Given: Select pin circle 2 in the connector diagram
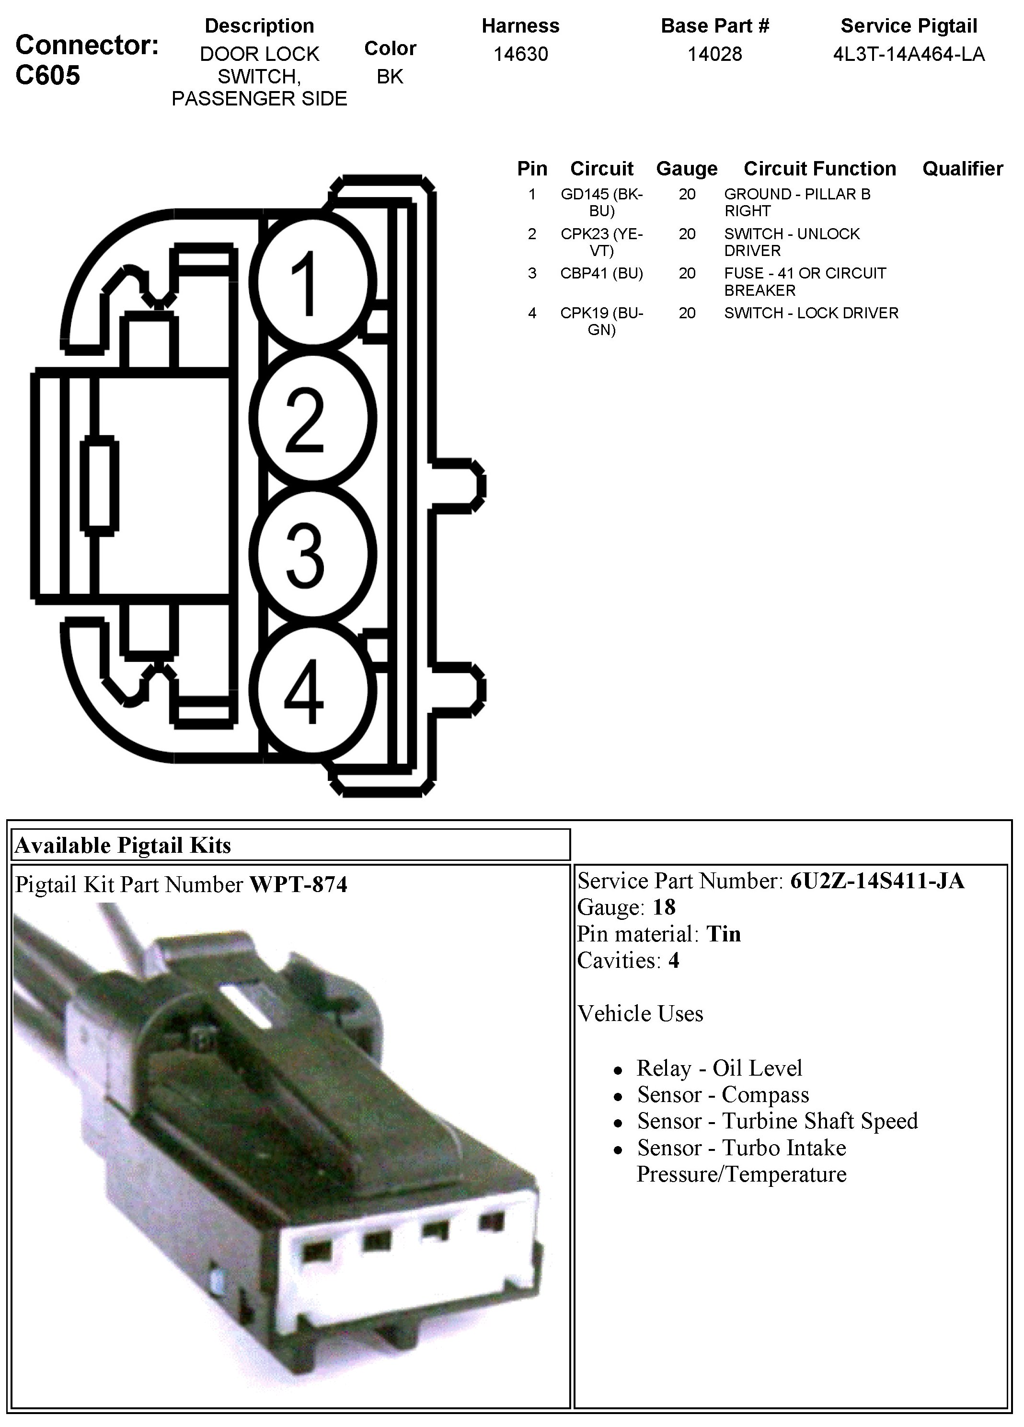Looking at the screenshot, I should [x=312, y=418].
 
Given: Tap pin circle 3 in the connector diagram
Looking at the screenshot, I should [x=312, y=554].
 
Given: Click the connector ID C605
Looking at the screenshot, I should [x=48, y=76].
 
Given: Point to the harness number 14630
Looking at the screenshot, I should [x=520, y=55].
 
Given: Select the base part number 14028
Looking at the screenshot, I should [x=714, y=55].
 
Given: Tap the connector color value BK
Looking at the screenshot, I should [x=390, y=77].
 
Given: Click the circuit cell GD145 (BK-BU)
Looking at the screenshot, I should [x=601, y=202].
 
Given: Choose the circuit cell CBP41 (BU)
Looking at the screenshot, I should [x=601, y=273].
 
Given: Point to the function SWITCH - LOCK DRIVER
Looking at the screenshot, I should [x=811, y=313].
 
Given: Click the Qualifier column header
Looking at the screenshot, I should [x=962, y=169].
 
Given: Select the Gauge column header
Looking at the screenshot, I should [x=686, y=169].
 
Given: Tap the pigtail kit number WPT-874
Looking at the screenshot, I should [x=298, y=885].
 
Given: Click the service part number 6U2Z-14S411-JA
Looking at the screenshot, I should [x=877, y=881].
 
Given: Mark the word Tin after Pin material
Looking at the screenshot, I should [x=724, y=934].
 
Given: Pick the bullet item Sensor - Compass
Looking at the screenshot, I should [x=723, y=1095].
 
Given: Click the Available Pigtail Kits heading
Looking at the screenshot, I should [x=123, y=845].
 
